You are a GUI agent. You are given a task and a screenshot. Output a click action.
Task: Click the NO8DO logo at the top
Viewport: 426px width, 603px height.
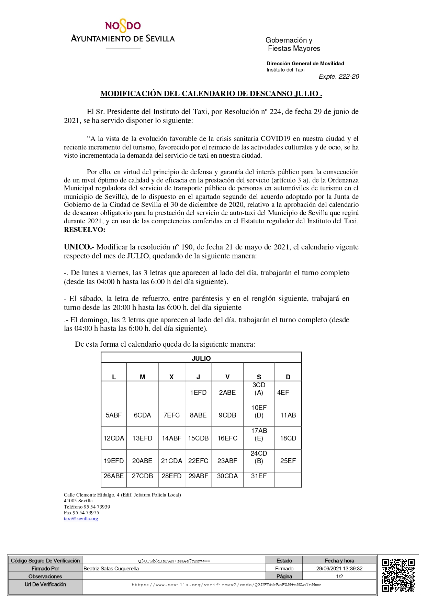coord(123,26)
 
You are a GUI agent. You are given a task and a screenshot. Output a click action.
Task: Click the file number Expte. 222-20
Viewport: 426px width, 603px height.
coord(339,76)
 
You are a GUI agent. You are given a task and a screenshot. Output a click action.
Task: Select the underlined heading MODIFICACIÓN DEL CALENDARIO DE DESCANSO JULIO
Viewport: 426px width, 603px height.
coord(211,93)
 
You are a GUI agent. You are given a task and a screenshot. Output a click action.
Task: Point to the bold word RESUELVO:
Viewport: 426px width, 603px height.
coord(85,230)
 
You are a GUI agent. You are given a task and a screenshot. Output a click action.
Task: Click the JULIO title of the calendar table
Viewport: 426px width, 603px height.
coord(201,358)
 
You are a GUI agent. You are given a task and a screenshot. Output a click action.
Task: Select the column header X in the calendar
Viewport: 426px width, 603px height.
coord(171,377)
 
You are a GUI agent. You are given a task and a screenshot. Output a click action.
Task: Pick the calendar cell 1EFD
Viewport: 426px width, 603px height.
coord(198,392)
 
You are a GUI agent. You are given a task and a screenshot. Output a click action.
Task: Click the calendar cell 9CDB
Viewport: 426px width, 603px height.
coord(227,415)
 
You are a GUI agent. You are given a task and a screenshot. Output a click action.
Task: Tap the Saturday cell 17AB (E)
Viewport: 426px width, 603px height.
coord(259,434)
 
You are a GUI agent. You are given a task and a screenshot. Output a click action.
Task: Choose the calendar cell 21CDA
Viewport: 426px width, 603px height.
coord(171,461)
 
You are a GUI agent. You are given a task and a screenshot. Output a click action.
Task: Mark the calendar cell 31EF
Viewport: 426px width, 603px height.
coord(259,476)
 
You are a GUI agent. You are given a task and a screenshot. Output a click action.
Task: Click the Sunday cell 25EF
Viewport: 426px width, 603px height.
coord(288,461)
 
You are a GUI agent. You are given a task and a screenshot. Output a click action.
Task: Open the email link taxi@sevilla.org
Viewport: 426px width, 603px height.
coord(81,518)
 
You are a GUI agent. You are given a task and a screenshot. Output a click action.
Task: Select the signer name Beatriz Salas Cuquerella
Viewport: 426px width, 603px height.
coord(111,569)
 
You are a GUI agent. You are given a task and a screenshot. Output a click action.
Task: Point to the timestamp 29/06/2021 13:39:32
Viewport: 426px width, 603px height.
coord(339,569)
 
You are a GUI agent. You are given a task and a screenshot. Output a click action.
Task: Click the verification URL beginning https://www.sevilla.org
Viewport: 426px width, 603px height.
coord(229,584)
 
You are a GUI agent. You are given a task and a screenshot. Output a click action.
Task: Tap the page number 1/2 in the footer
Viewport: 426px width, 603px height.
coord(339,577)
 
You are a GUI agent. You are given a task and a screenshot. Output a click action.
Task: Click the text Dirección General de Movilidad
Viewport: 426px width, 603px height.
coord(305,63)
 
